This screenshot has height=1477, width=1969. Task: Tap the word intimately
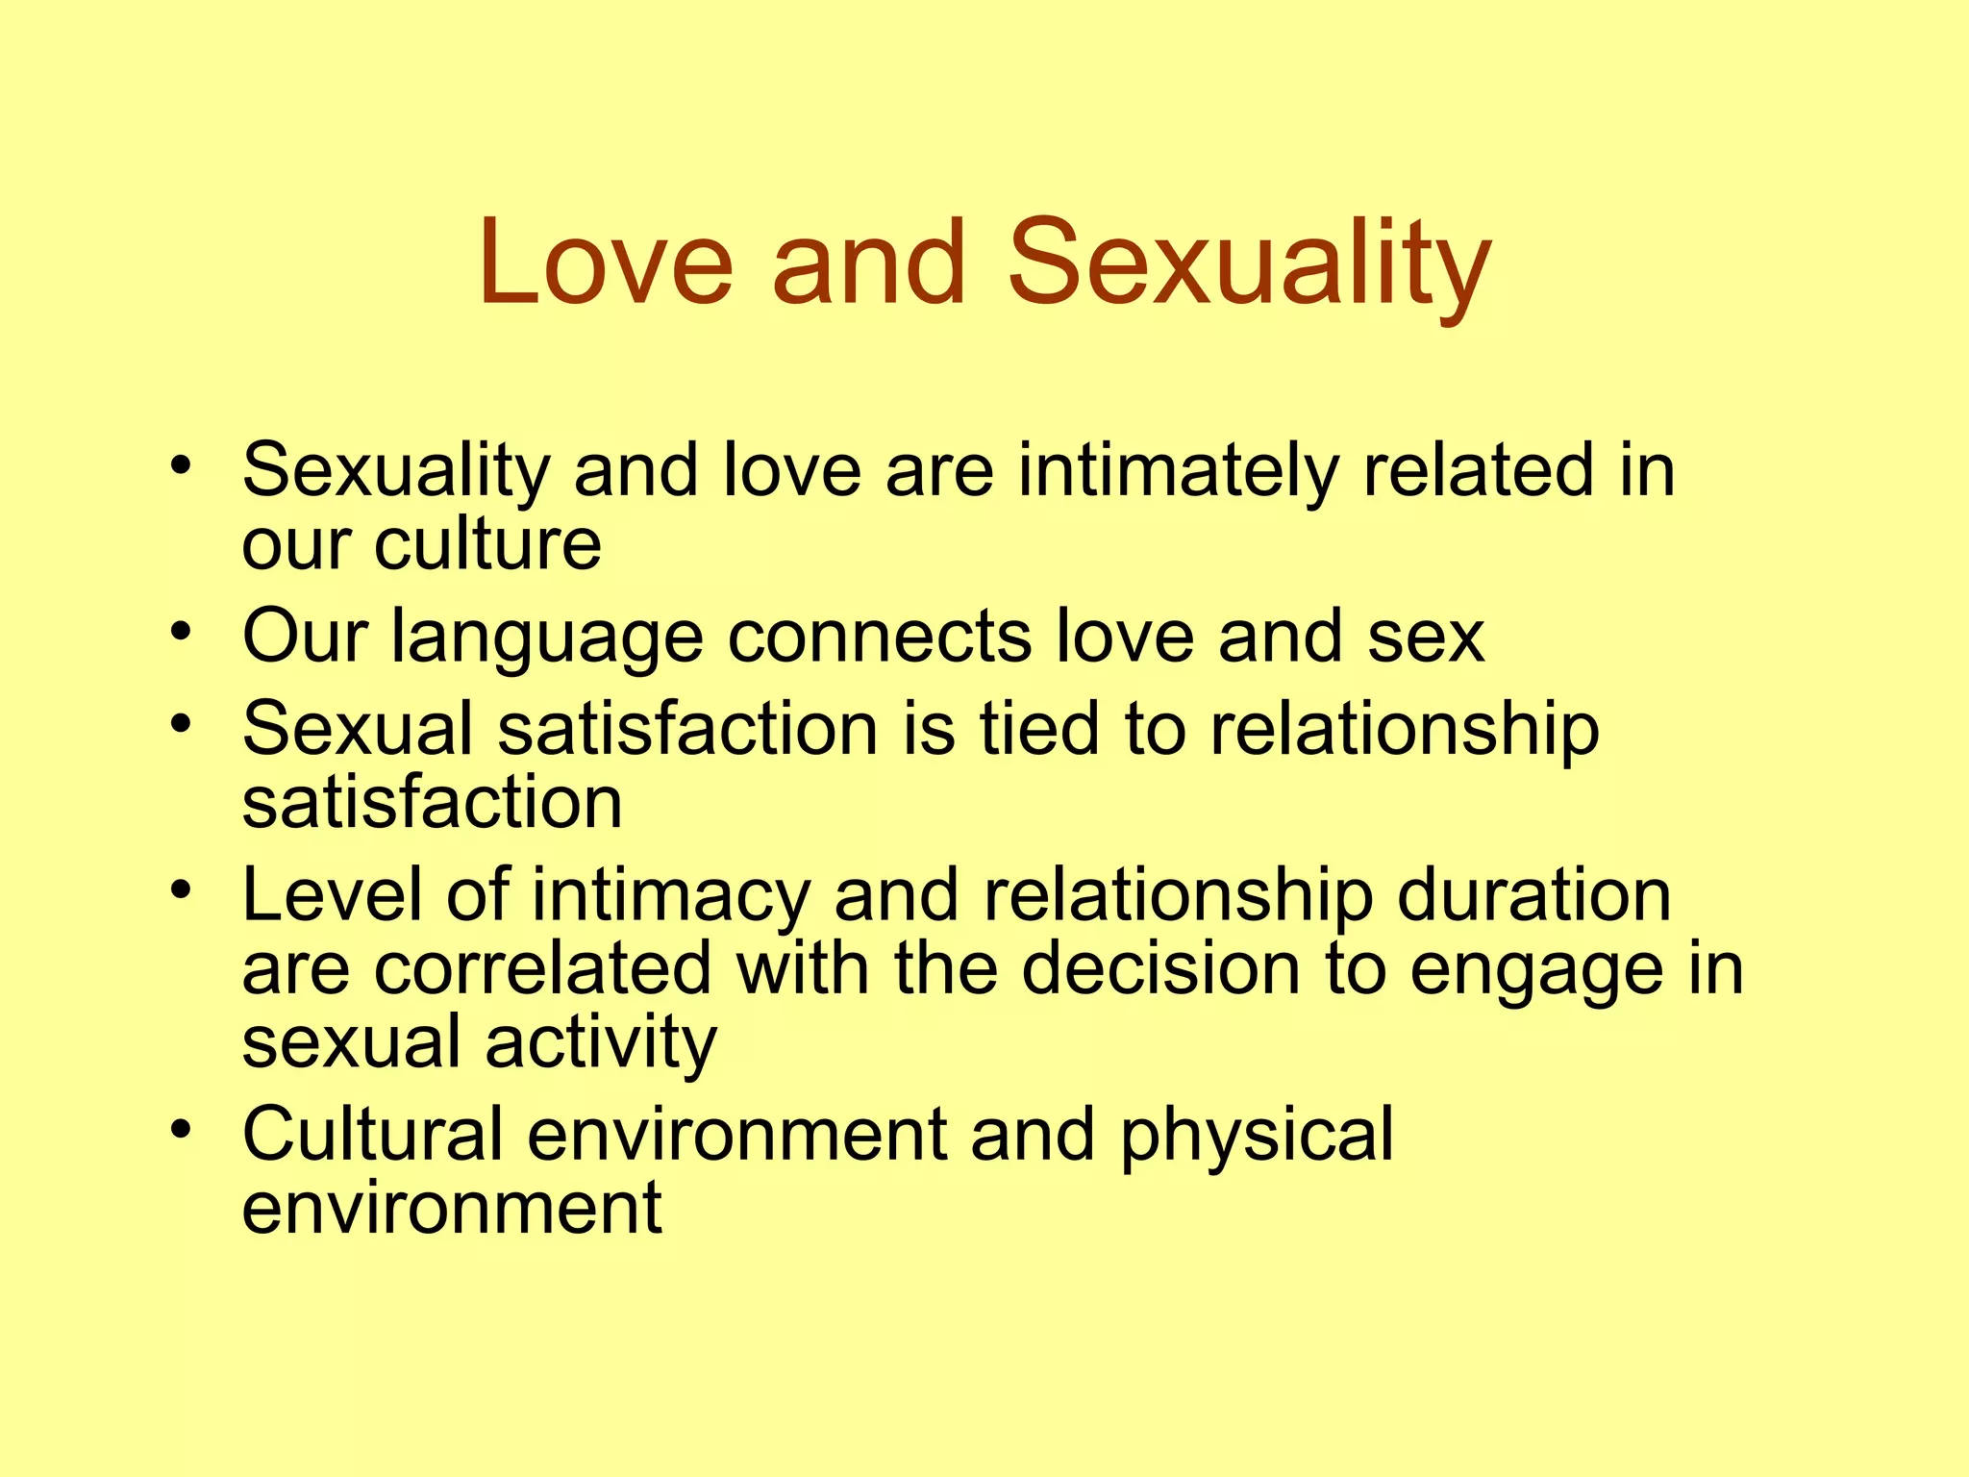(1179, 471)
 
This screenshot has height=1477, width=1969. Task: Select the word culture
(487, 545)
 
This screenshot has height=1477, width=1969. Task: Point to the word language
(547, 638)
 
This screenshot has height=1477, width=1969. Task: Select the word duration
(1534, 895)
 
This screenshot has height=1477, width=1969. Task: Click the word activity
(601, 1044)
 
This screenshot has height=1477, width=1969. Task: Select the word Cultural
(373, 1134)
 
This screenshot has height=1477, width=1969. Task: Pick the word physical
(1257, 1136)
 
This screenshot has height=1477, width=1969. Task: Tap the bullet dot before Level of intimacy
(181, 890)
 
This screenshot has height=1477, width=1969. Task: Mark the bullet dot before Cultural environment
(181, 1129)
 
